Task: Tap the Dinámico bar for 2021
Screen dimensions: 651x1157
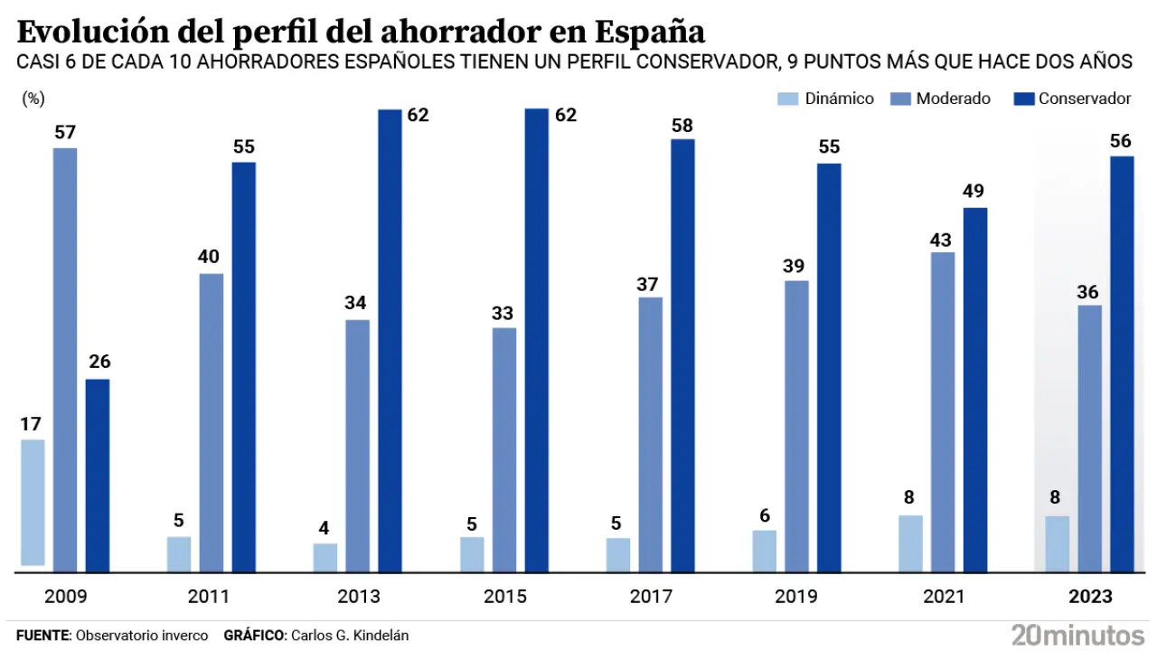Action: pyautogui.click(x=911, y=543)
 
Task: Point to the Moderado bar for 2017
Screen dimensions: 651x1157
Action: pyautogui.click(x=650, y=434)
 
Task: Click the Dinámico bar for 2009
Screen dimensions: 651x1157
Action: pyautogui.click(x=33, y=503)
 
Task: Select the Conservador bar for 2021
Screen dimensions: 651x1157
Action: pyautogui.click(x=975, y=390)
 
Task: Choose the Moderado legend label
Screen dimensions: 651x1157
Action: pyautogui.click(x=953, y=99)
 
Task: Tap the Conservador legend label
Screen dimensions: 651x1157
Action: pyautogui.click(x=1085, y=99)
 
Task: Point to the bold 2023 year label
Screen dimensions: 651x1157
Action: pyautogui.click(x=1089, y=597)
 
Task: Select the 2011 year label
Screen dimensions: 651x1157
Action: pyautogui.click(x=211, y=597)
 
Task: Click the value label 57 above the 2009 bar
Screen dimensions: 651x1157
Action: pyautogui.click(x=65, y=132)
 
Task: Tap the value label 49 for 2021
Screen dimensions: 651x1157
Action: pyautogui.click(x=974, y=192)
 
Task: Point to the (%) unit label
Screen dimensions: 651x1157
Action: pyautogui.click(x=33, y=99)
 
